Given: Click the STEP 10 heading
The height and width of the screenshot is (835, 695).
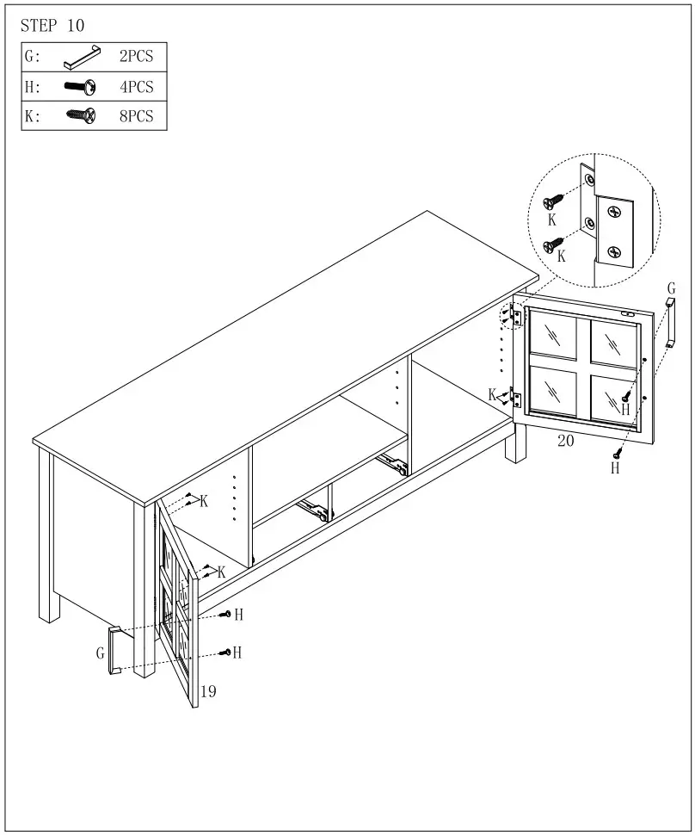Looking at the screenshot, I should pyautogui.click(x=52, y=26).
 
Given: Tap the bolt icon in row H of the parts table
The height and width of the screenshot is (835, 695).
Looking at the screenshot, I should pyautogui.click(x=80, y=86).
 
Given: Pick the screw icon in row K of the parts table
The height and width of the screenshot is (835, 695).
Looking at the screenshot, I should pyautogui.click(x=80, y=114).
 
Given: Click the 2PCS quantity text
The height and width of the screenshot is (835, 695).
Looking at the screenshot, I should pyautogui.click(x=136, y=57).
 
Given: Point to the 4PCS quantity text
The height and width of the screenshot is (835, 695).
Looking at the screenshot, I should pyautogui.click(x=136, y=86).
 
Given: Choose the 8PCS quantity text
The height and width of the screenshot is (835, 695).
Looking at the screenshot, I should pyautogui.click(x=136, y=115).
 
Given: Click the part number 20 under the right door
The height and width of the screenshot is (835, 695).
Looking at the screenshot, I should pyautogui.click(x=565, y=440).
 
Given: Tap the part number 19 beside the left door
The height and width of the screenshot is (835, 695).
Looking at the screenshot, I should pyautogui.click(x=207, y=690).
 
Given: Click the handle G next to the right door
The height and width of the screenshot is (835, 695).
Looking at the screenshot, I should pyautogui.click(x=671, y=323).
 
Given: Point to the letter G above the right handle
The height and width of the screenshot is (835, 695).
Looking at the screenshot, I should pyautogui.click(x=671, y=288).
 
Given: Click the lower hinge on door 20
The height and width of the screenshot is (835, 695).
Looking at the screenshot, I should pyautogui.click(x=516, y=399).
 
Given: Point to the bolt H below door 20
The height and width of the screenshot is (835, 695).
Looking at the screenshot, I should pyautogui.click(x=617, y=454).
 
